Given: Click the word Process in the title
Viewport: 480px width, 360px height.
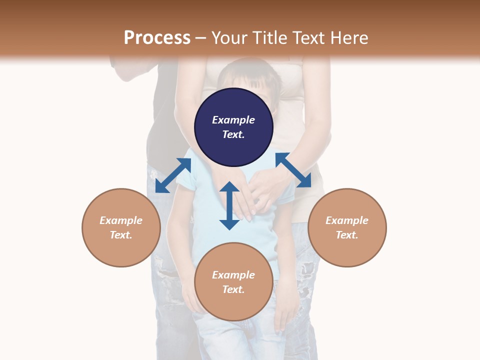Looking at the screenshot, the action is [157, 38].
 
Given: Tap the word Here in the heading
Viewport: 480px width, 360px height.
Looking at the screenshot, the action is [349, 37].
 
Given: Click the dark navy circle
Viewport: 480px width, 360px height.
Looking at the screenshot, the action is [233, 127].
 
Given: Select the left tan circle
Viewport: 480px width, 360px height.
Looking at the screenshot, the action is [121, 227].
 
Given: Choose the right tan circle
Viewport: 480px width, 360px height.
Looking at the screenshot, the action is [347, 227].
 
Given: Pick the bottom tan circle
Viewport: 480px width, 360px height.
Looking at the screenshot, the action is [233, 281].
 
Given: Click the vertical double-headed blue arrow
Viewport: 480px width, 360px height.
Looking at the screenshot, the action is [229, 205].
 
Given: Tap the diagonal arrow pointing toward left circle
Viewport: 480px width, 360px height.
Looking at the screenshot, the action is [173, 175].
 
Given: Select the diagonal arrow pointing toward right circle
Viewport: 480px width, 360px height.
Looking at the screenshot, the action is [293, 170].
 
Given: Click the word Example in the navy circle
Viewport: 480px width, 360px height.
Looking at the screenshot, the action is [233, 119].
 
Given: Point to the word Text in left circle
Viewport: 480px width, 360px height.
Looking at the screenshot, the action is [121, 235].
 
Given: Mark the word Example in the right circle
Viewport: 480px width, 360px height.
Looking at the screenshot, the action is [347, 220].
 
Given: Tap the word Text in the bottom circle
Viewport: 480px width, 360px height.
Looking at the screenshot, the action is [233, 289].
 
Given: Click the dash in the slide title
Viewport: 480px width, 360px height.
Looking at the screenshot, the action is [200, 38].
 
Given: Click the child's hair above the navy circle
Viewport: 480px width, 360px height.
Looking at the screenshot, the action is [249, 75].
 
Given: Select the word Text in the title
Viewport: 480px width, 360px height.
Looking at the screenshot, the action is [308, 37].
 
